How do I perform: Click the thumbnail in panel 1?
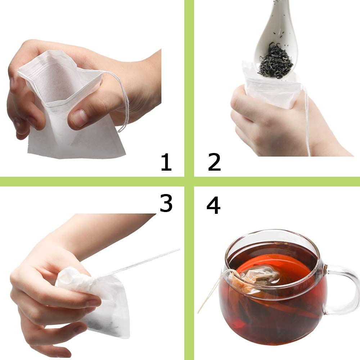click(x=79, y=117)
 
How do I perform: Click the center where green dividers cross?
click(x=189, y=181)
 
